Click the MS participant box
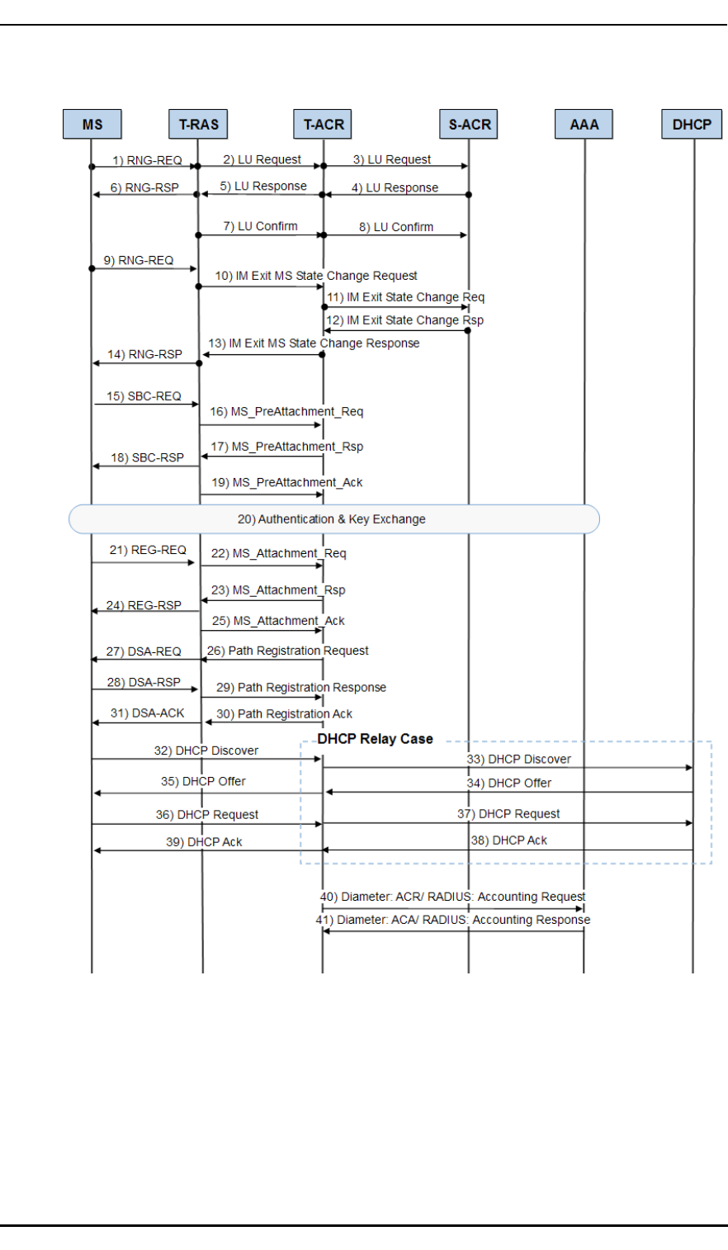pyautogui.click(x=92, y=125)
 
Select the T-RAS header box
pyautogui.click(x=199, y=125)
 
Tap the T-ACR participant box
pyautogui.click(x=324, y=125)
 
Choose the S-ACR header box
pyautogui.click(x=470, y=125)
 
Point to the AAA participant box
pyautogui.click(x=584, y=125)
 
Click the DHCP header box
pyautogui.click(x=692, y=125)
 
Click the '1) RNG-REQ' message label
pyautogui.click(x=148, y=160)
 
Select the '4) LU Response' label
pyautogui.click(x=395, y=187)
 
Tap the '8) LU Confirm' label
pyautogui.click(x=395, y=227)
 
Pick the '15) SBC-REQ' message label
pyautogui.click(x=144, y=396)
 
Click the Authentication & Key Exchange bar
pyautogui.click(x=333, y=519)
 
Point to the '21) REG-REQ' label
pyautogui.click(x=148, y=550)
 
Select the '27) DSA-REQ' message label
pyautogui.click(x=144, y=651)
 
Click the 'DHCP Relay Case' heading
pyautogui.click(x=375, y=739)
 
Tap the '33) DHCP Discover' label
pyautogui.click(x=518, y=759)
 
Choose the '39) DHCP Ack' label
pyautogui.click(x=204, y=842)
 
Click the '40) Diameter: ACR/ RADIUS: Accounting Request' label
pyautogui.click(x=452, y=897)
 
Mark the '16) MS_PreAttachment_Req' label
pyautogui.click(x=286, y=411)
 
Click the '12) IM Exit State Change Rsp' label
pyautogui.click(x=404, y=320)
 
